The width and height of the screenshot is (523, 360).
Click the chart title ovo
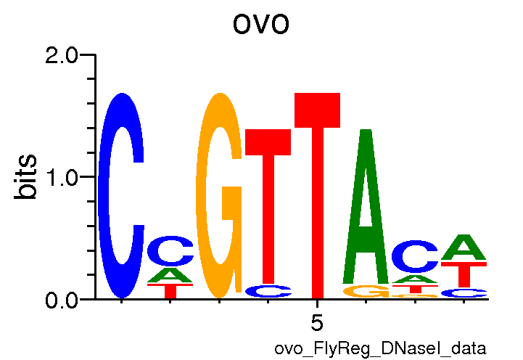[x=261, y=24]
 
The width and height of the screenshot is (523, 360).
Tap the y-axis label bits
[x=27, y=177]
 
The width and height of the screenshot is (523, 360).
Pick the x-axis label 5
[x=316, y=321]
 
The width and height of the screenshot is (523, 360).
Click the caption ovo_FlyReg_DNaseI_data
[x=379, y=348]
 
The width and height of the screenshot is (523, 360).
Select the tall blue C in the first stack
[x=122, y=196]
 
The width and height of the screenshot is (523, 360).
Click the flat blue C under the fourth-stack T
[x=268, y=291]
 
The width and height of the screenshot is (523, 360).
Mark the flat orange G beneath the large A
[x=366, y=292]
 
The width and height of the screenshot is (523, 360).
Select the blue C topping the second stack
[x=170, y=252]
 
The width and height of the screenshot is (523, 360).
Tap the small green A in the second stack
[x=170, y=276]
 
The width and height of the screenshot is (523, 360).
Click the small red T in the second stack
[x=170, y=291]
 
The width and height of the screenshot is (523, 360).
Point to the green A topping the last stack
[x=464, y=247]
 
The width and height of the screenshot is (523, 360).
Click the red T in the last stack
[x=464, y=274]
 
